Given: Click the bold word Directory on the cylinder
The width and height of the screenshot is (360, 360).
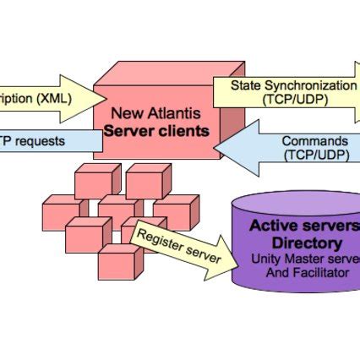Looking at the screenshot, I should pyautogui.click(x=296, y=242).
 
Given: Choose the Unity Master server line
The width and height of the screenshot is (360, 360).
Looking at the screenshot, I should pyautogui.click(x=305, y=259).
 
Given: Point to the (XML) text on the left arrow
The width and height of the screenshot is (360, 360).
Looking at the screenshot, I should pyautogui.click(x=55, y=97).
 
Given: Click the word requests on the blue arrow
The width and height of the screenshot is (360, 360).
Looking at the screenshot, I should pyautogui.click(x=37, y=140).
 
